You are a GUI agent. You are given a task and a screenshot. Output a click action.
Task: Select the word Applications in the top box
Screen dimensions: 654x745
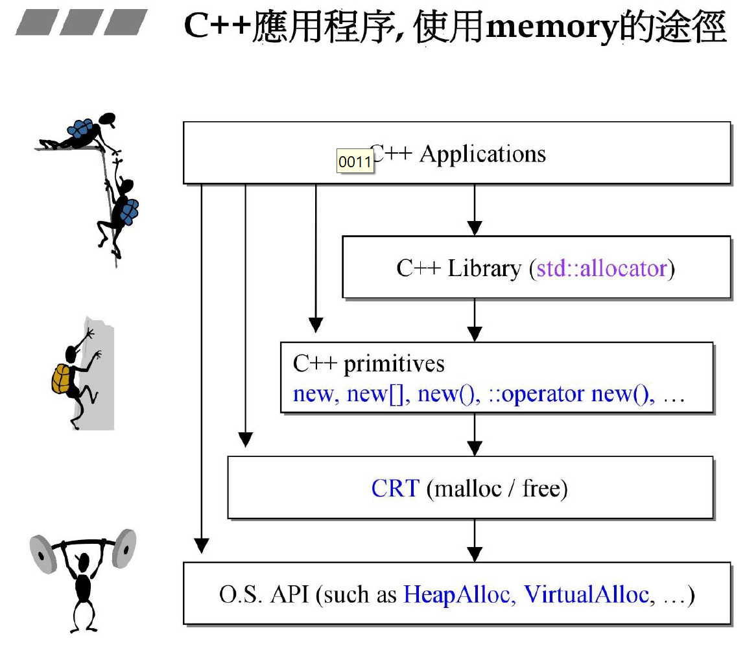[x=482, y=154]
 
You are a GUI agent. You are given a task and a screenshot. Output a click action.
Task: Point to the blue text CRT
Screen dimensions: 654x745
[x=396, y=488]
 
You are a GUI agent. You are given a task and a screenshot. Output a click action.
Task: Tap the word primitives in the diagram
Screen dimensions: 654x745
[x=394, y=364]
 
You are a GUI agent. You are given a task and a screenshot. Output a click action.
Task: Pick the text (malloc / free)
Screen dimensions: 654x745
[x=497, y=488]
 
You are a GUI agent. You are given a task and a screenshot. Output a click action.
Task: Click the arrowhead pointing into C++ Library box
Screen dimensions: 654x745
[x=475, y=228]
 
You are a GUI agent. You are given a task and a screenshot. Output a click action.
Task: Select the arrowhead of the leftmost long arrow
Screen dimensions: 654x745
[x=202, y=546]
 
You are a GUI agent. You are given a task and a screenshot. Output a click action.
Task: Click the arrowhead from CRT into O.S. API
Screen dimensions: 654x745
[x=475, y=554]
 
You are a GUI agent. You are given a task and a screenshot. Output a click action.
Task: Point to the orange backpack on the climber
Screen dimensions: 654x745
[x=62, y=379]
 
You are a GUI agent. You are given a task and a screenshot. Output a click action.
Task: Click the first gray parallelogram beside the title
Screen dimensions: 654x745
[x=36, y=23]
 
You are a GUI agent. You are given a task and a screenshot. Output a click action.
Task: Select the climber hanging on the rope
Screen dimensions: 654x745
[x=120, y=214]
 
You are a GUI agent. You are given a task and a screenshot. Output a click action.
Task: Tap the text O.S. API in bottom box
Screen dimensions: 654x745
[x=265, y=594]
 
